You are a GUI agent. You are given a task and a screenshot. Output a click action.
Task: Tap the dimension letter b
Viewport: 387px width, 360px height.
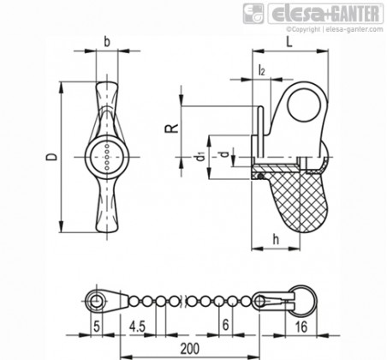(107, 42)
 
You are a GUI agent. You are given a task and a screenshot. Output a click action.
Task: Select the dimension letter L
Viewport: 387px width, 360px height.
(289, 42)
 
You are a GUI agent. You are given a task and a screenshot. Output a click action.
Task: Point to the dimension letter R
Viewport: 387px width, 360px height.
(172, 128)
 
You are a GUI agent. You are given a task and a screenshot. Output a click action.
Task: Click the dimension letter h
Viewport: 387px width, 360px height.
(276, 239)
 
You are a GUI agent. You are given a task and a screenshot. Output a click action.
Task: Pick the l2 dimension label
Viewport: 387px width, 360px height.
(261, 70)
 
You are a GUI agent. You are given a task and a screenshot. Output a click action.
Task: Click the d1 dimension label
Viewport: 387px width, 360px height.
(201, 156)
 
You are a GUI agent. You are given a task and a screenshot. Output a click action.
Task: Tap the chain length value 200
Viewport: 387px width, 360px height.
(190, 349)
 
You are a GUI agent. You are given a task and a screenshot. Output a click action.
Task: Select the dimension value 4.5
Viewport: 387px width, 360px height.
(137, 326)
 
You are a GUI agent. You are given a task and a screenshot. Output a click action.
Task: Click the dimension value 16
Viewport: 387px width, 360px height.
(301, 327)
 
